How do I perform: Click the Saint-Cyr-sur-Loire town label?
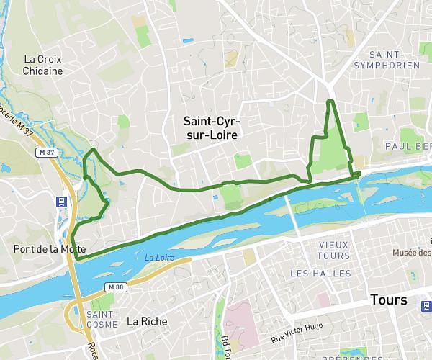[210, 127]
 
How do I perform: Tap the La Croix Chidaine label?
[42, 65]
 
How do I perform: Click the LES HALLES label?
[320, 274]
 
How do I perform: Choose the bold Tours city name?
[389, 300]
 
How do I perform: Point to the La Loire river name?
[159, 257]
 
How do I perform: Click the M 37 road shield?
[48, 153]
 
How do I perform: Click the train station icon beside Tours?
[424, 307]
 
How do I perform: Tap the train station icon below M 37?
[63, 202]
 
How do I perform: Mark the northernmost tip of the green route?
[329, 102]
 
